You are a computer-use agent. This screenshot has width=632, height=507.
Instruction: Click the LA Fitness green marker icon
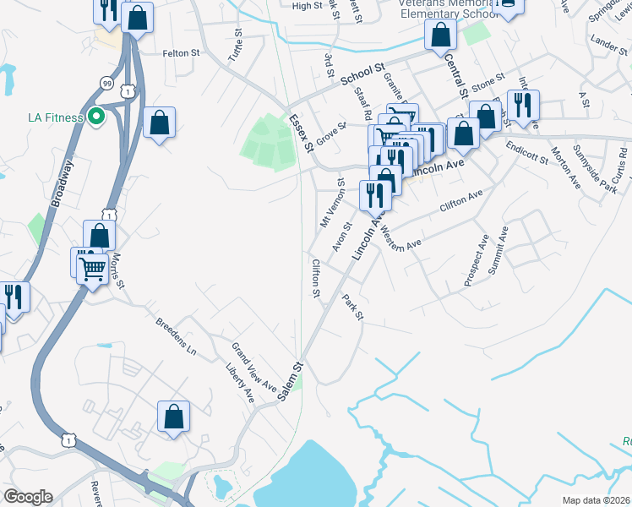[95, 117]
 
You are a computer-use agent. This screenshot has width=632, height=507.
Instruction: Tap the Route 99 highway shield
[106, 84]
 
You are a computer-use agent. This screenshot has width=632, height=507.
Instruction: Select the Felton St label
[181, 52]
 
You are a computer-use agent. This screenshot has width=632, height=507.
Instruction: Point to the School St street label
[362, 74]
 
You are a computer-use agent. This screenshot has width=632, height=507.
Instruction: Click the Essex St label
[302, 134]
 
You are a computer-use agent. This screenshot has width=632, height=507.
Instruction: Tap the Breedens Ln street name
[176, 335]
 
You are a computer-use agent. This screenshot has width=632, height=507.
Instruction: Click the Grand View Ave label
[255, 365]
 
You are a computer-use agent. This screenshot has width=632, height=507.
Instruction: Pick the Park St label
[352, 307]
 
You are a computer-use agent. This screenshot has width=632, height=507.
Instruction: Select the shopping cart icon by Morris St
[92, 269]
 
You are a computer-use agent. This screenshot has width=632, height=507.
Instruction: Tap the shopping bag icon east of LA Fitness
[159, 123]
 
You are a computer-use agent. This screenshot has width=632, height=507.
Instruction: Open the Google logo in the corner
[28, 497]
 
